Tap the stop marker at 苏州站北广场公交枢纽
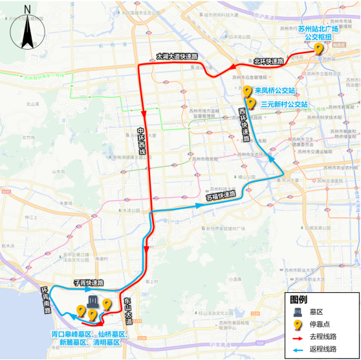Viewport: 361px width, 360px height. tap(318, 49)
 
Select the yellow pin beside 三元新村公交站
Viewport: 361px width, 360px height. tap(250, 103)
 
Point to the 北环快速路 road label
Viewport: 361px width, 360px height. tap(268, 61)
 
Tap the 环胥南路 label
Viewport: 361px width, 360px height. tap(46, 298)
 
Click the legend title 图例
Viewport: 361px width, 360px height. tap(298, 299)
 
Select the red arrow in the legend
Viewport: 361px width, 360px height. tap(300, 337)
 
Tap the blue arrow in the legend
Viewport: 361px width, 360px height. tap(300, 349)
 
